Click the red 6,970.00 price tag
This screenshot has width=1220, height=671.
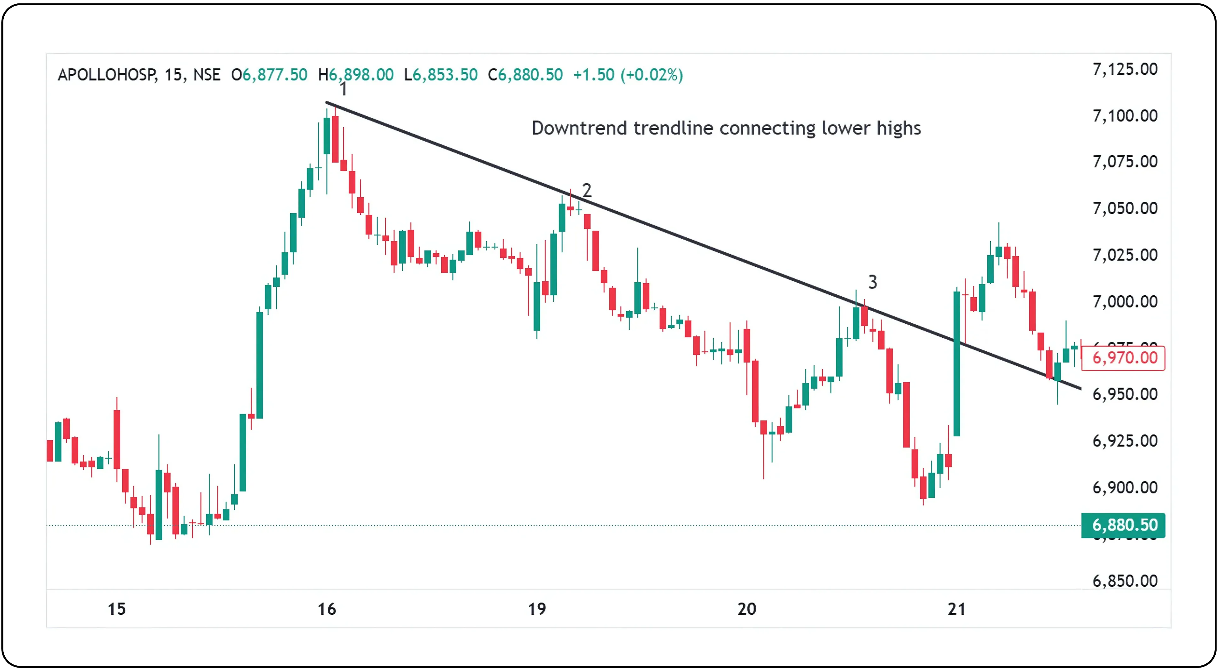click(x=1124, y=358)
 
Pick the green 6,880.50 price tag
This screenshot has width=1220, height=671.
click(x=1124, y=525)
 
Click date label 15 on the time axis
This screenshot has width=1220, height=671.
click(x=117, y=609)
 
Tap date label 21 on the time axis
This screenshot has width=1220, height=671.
click(x=956, y=609)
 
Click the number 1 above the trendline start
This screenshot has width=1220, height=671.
click(x=343, y=89)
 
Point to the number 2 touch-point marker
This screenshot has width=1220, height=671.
click(x=587, y=190)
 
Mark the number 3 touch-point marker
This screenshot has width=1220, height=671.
click(x=872, y=282)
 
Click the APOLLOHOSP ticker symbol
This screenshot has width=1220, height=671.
click(x=107, y=75)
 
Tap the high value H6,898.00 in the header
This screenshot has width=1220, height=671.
click(x=356, y=75)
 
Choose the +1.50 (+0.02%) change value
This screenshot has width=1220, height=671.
click(x=628, y=75)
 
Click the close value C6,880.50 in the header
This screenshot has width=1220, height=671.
click(x=525, y=75)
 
